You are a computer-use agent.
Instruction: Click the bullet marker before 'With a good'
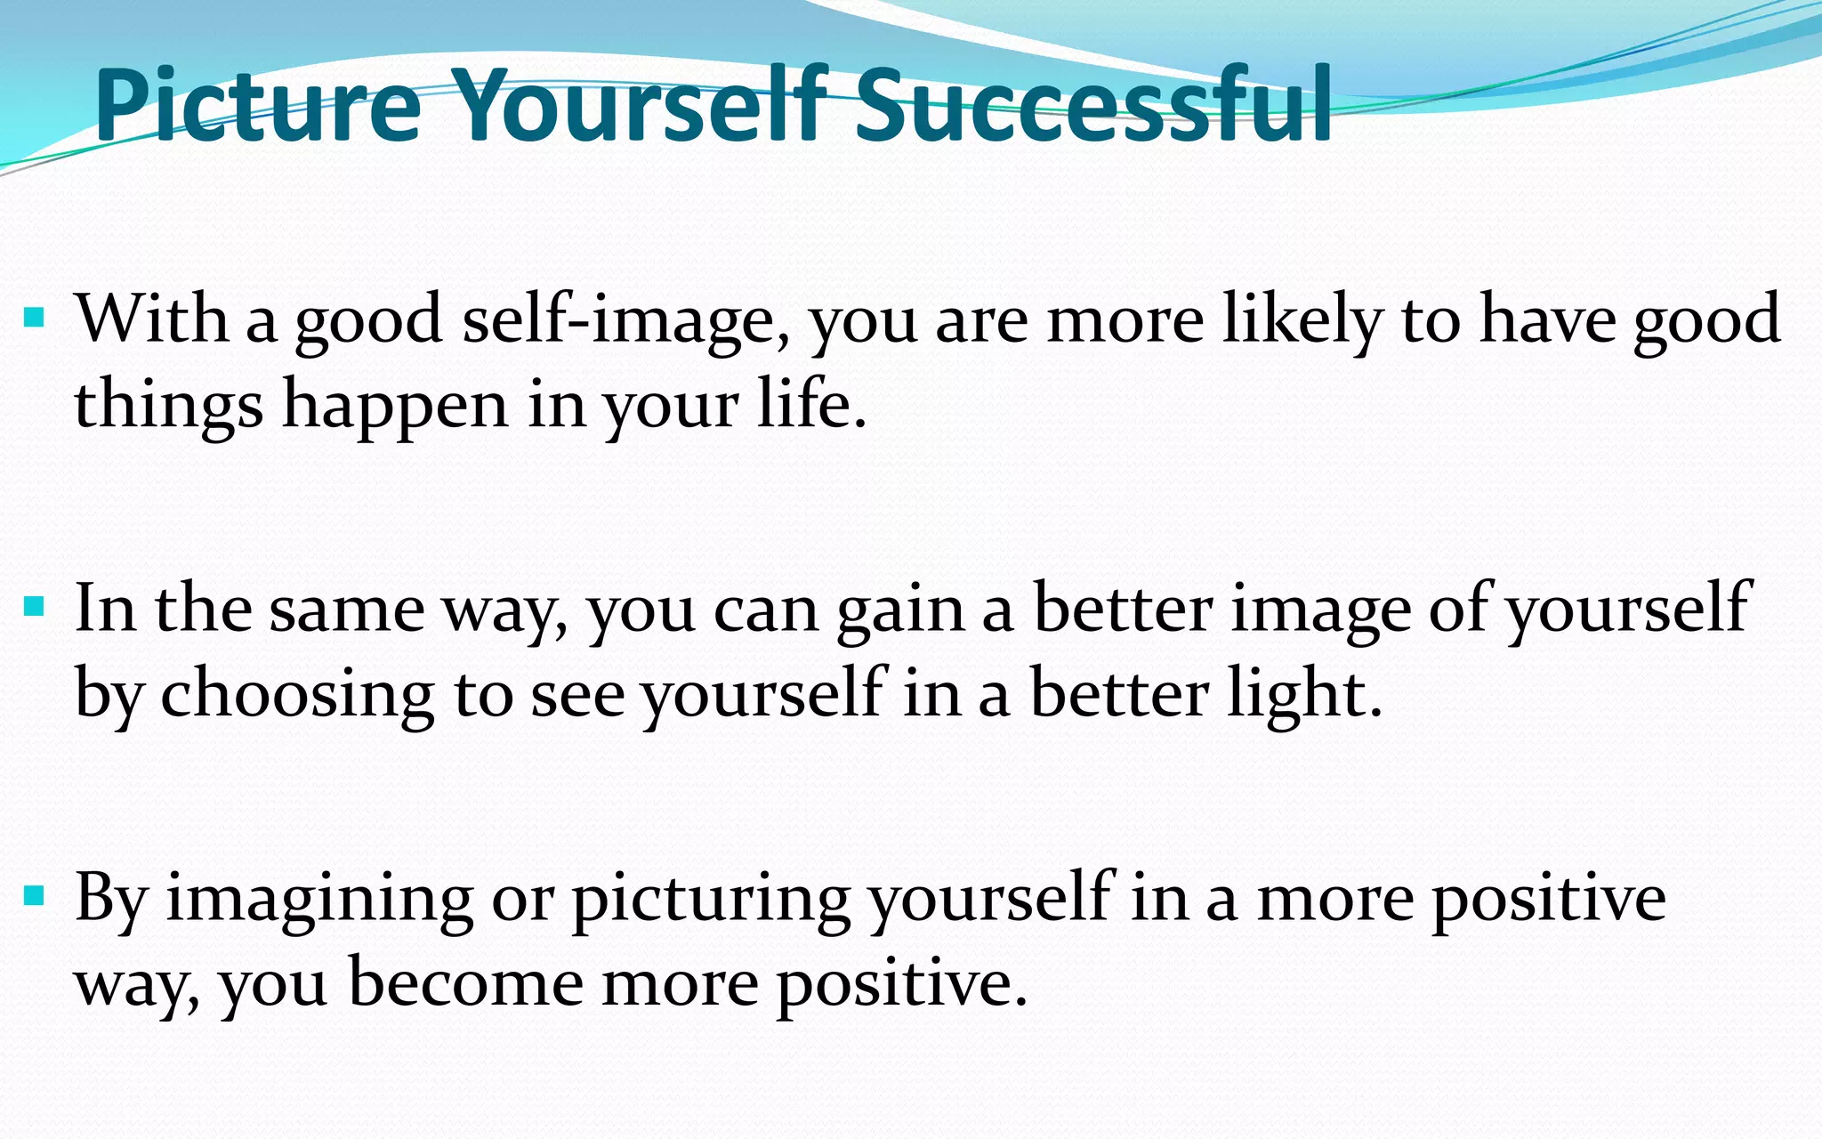pyautogui.click(x=34, y=317)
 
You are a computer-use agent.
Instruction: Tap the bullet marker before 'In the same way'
pyautogui.click(x=34, y=607)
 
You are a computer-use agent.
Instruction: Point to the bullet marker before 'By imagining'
pyautogui.click(x=34, y=895)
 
